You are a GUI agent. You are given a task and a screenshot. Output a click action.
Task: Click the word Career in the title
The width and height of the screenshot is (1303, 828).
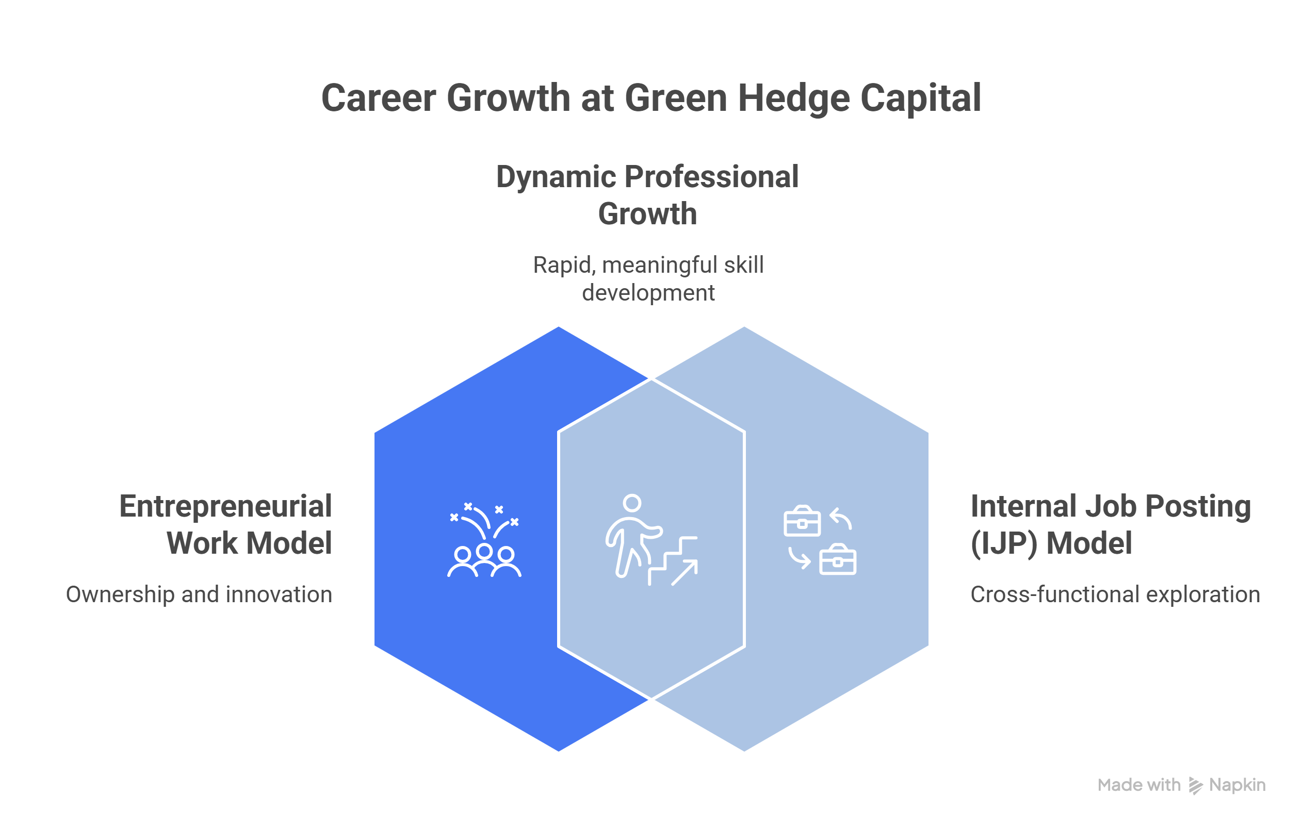(x=378, y=98)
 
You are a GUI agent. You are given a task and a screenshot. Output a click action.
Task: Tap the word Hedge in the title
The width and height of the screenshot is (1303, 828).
(x=793, y=98)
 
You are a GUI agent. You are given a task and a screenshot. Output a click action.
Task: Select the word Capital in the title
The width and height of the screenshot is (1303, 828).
(x=920, y=98)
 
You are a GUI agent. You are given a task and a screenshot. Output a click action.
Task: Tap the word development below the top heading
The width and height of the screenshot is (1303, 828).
(x=648, y=293)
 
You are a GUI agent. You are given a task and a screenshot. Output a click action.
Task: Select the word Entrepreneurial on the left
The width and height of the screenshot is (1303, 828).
(x=225, y=507)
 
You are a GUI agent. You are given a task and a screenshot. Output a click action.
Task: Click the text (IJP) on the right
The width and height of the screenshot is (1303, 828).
(x=1003, y=543)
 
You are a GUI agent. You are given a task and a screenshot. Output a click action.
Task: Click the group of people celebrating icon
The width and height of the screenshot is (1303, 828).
(x=484, y=541)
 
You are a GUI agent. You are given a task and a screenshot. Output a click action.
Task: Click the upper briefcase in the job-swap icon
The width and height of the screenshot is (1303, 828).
(x=802, y=521)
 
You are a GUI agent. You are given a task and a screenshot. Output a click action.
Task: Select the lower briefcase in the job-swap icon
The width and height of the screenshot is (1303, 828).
(x=838, y=560)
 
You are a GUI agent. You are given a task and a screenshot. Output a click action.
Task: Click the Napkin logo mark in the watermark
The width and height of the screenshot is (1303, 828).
(x=1195, y=785)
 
